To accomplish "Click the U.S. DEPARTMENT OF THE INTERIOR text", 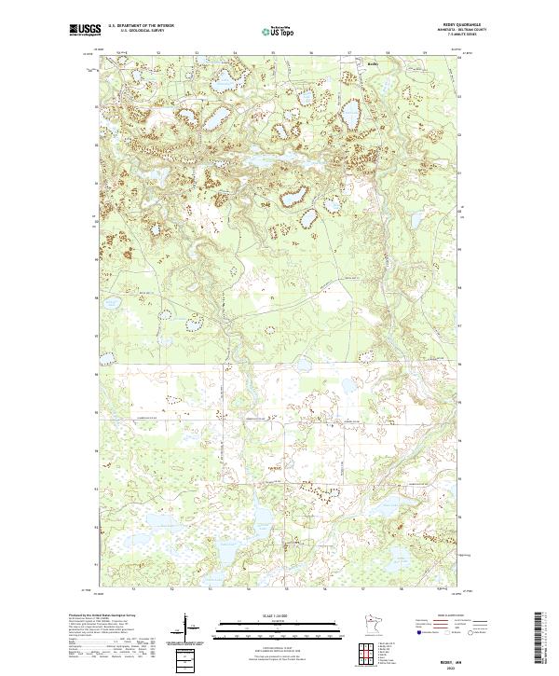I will click(x=140, y=26).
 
